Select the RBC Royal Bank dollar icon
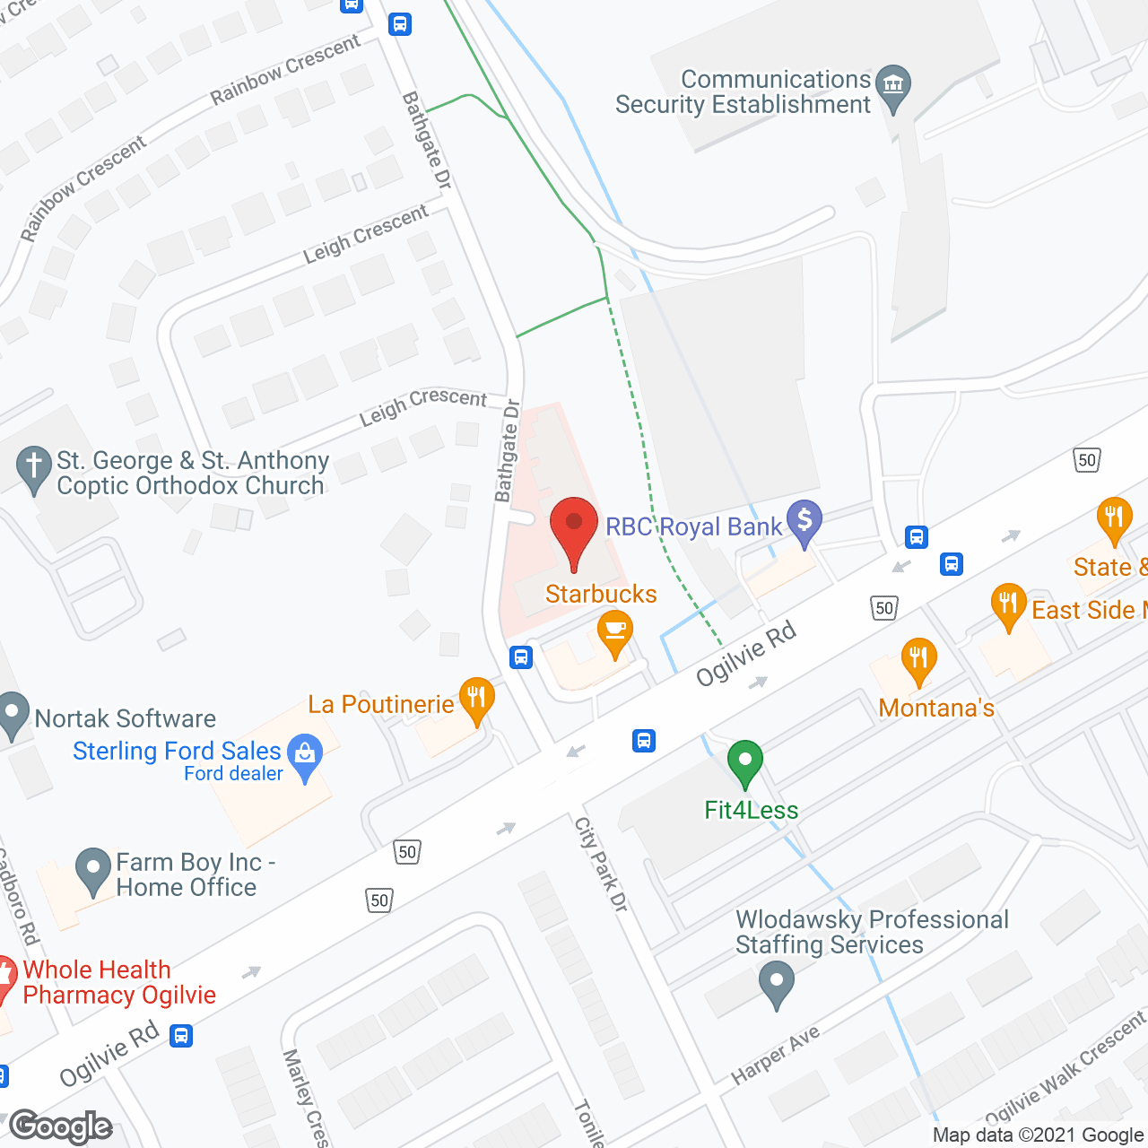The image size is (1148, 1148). click(804, 521)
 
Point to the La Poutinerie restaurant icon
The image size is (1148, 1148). click(476, 699)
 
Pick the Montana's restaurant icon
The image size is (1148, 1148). click(918, 660)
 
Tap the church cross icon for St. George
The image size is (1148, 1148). click(34, 467)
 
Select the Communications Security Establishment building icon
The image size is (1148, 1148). click(892, 86)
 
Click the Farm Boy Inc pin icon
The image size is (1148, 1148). click(93, 869)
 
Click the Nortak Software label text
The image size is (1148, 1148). click(126, 718)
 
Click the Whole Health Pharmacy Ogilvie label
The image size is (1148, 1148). click(119, 982)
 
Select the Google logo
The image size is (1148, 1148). click(61, 1126)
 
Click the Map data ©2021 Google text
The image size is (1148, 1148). click(1039, 1135)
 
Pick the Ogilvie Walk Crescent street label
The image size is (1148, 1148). click(1065, 1068)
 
